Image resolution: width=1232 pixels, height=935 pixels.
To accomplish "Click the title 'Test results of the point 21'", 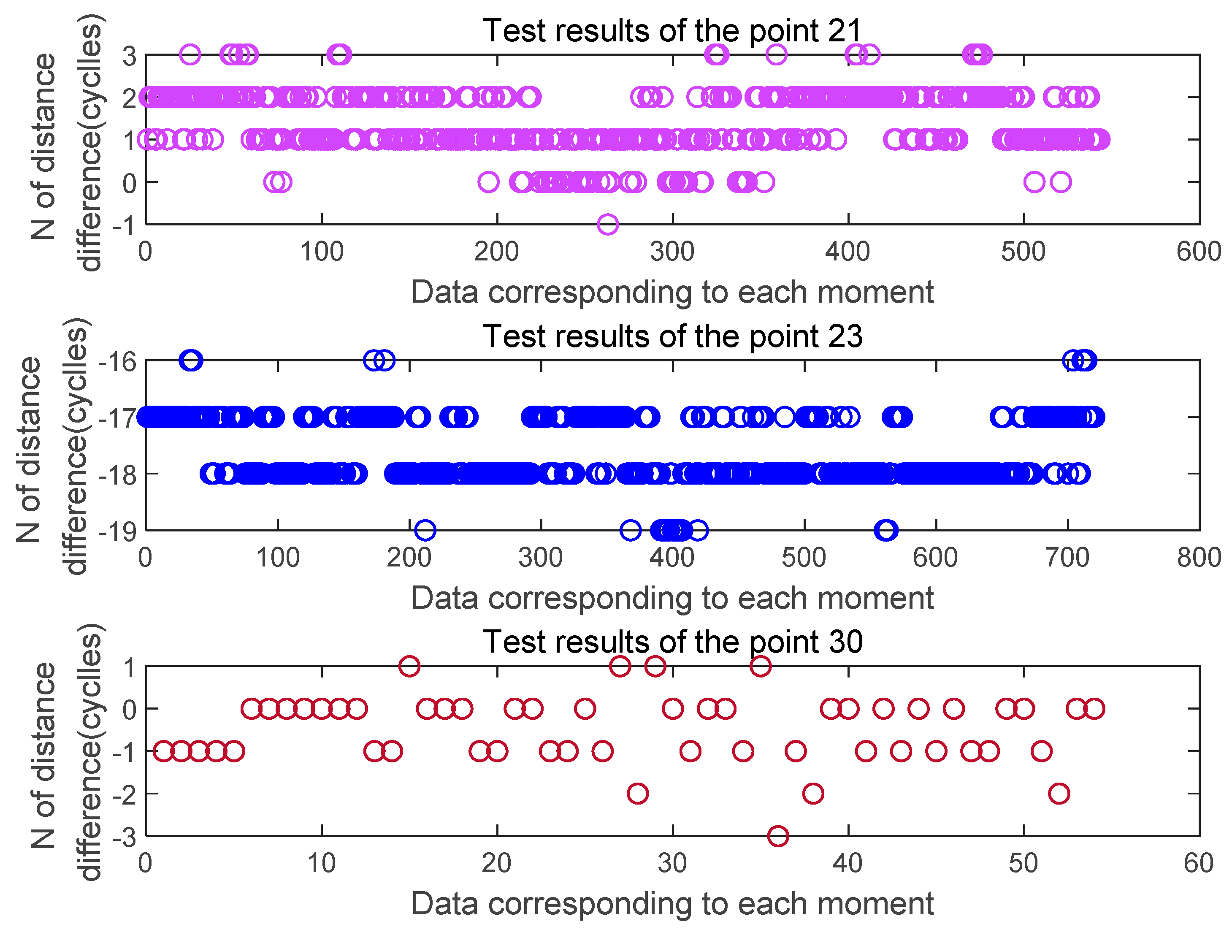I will click(672, 31).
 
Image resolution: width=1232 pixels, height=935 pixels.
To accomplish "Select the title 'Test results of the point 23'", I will click(672, 336).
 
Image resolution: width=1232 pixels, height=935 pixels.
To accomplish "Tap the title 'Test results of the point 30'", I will click(672, 642).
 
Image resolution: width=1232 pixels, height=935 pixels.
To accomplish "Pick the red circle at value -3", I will click(777, 836).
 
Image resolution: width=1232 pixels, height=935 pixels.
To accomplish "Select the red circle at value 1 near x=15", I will click(409, 666).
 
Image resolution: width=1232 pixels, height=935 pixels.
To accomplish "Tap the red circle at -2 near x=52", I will click(1059, 794).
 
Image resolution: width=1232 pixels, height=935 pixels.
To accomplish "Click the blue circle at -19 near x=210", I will click(425, 530).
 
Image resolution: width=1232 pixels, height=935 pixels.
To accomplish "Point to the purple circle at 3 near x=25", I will click(190, 54).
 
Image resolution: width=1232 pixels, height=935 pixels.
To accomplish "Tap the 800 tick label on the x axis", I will click(1199, 558).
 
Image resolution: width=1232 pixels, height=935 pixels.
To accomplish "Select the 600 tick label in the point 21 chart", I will click(1199, 252).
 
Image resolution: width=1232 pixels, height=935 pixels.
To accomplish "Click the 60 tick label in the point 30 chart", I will click(1199, 863).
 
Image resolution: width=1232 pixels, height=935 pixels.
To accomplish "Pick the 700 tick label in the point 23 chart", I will click(1067, 558).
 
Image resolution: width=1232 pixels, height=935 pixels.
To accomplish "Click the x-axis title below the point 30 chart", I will click(672, 903).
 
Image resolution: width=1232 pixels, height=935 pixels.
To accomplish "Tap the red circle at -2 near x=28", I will click(637, 794).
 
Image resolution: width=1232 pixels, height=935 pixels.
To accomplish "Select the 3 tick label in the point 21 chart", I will click(130, 56).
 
